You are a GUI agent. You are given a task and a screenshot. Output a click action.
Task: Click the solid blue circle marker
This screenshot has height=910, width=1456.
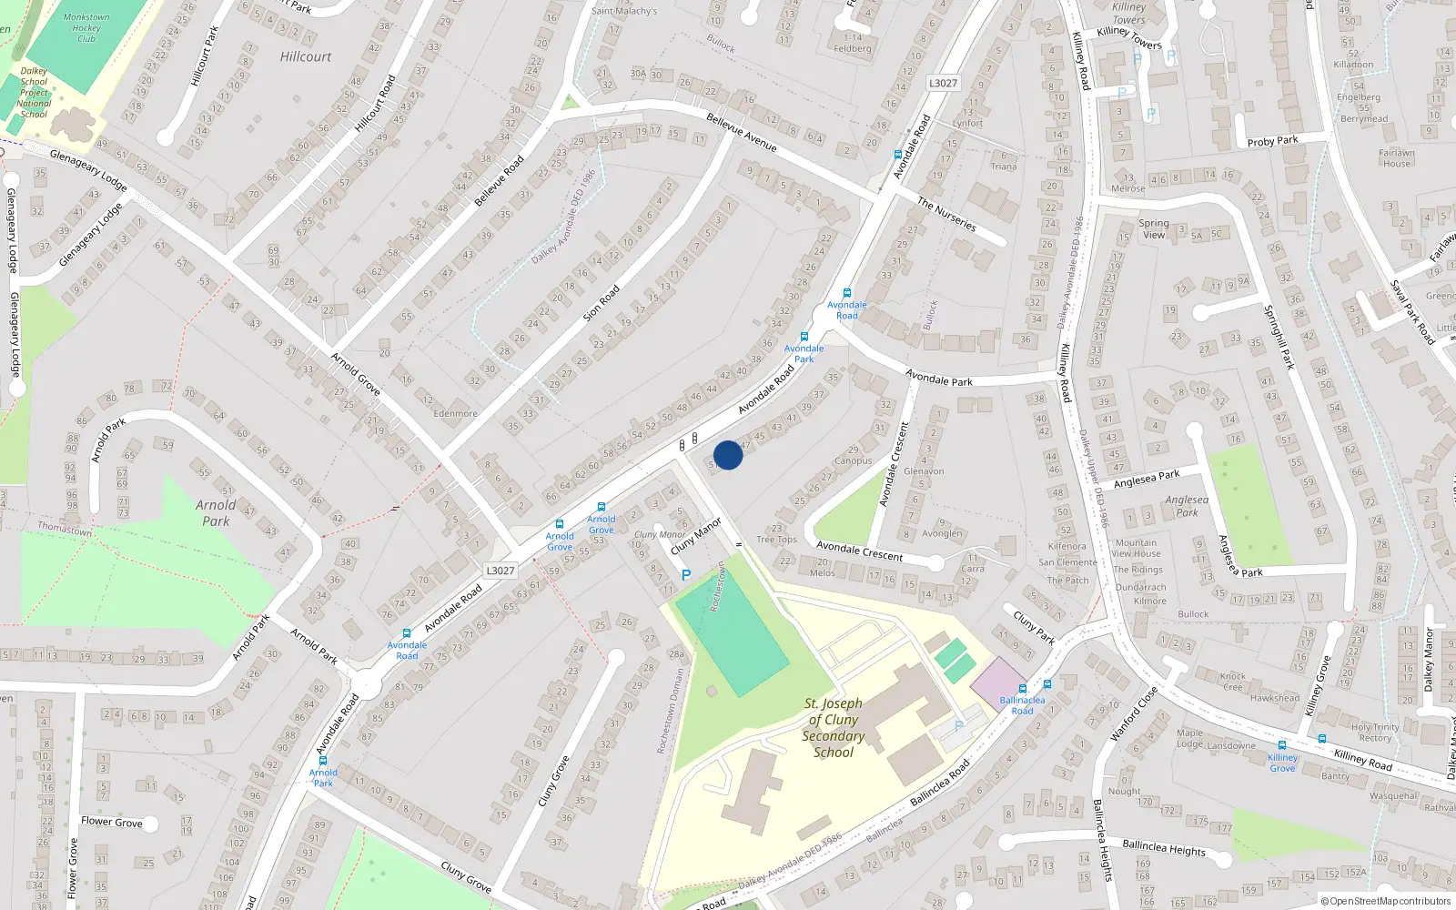point(728,455)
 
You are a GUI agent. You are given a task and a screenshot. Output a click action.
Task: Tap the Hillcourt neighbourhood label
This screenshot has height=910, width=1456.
point(306,56)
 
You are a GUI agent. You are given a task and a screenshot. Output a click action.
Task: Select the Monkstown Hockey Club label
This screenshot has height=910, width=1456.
point(86,28)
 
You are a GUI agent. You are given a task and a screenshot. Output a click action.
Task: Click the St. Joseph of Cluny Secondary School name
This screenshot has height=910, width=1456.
point(834,728)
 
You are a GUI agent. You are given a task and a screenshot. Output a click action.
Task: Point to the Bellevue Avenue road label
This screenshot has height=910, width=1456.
point(742,132)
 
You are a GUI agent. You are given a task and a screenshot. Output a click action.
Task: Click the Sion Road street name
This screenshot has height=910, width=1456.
point(602,303)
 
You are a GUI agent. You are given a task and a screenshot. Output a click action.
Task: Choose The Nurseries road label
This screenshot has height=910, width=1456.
point(946,215)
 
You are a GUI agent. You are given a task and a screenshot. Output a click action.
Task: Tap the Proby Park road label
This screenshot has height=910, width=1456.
point(1272,141)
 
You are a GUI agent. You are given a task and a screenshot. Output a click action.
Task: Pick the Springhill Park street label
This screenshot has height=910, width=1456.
point(1279,337)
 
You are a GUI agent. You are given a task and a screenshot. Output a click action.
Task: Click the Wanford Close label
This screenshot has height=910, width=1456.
point(1134,713)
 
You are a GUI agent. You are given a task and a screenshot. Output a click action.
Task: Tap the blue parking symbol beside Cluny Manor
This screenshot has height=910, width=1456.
point(686,575)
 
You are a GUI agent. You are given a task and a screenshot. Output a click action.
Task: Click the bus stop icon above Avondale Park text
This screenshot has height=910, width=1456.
point(804,337)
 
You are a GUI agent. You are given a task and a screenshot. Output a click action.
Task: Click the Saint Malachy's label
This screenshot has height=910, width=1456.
point(624,11)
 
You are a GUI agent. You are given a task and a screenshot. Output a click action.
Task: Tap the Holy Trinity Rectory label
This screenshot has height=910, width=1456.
point(1375,733)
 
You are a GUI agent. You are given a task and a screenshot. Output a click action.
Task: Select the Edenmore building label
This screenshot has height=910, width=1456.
point(455,413)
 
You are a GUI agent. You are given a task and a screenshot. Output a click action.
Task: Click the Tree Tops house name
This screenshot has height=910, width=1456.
point(776,540)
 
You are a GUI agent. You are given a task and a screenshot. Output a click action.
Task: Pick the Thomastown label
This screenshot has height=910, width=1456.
point(65,529)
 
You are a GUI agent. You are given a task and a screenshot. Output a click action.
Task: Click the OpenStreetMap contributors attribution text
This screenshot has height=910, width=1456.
point(1386,901)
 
